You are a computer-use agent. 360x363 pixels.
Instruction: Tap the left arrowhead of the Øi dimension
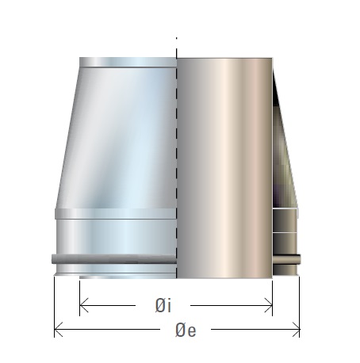pos(84,304)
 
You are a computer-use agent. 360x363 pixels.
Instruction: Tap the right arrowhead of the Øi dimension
pos(269,304)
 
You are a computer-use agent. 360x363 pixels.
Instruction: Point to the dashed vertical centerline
pos(175,159)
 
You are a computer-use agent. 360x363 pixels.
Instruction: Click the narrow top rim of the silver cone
pos(127,62)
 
